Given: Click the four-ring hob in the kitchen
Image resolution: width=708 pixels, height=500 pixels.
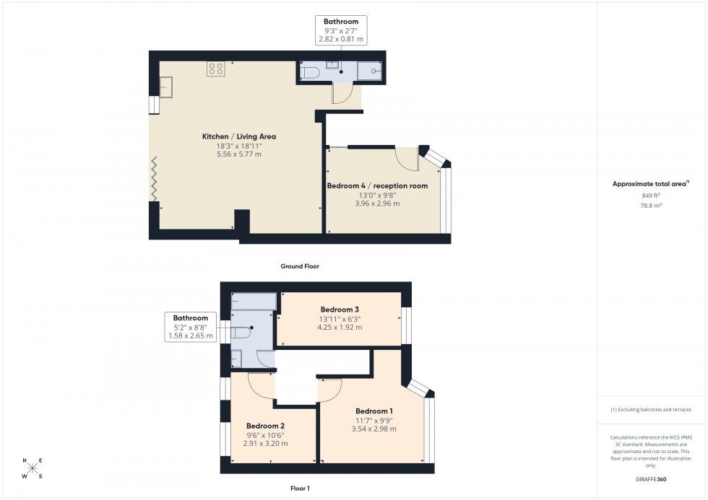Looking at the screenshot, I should pos(216,69).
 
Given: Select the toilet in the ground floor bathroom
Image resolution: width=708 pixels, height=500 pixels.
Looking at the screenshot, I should pos(308,71).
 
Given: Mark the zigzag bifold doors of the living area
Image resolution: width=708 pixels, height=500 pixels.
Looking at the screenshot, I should pos(154,180).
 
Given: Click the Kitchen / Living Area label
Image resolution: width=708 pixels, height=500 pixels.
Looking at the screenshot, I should pos(238,136).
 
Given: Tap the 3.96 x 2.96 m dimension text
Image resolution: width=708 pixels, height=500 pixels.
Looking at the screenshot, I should pos(377,203).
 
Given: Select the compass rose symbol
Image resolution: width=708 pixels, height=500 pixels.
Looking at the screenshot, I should pos(33,468).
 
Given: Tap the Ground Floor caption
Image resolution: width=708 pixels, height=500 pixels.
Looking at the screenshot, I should pos(300,266).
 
